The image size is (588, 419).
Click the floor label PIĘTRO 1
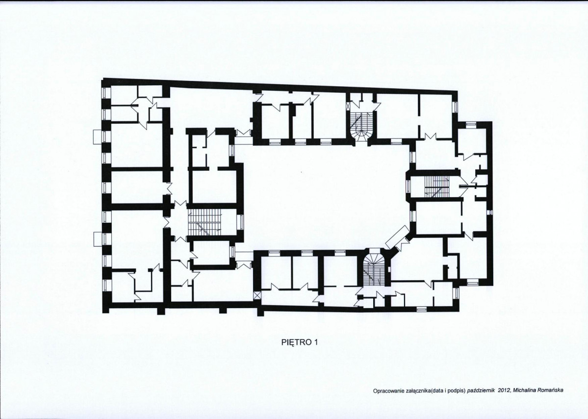click(x=300, y=342)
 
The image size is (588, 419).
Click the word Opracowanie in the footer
click(x=387, y=391)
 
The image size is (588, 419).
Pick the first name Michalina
click(x=523, y=390)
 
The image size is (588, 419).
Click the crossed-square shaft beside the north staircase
click(x=348, y=106)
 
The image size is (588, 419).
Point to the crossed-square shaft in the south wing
click(x=257, y=295)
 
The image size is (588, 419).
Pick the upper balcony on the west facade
click(x=98, y=136)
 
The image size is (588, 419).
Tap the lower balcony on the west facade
click(x=98, y=239)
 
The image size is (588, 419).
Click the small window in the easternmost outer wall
click(x=490, y=213)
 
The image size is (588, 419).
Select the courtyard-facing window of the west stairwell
click(x=242, y=222)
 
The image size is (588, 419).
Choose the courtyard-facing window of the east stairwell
click(x=409, y=186)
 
